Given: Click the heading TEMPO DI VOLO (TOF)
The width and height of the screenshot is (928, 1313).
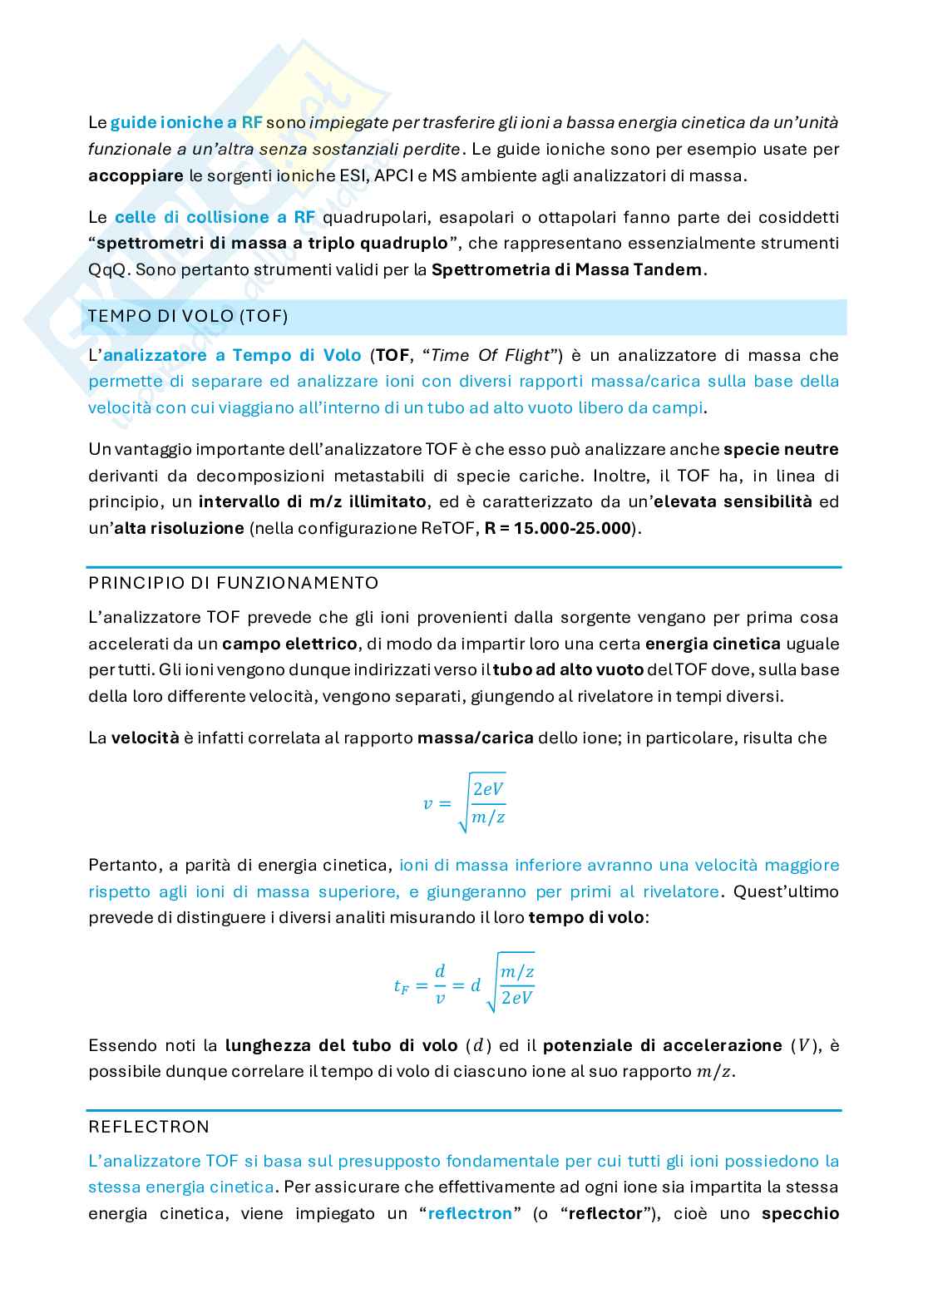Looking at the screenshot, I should [x=188, y=317].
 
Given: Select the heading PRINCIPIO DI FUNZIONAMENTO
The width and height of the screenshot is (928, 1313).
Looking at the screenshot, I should [x=234, y=583].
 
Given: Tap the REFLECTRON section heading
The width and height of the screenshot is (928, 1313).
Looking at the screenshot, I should [x=149, y=1127].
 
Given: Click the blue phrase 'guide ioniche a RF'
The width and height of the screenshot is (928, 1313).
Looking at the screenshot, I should [x=187, y=123].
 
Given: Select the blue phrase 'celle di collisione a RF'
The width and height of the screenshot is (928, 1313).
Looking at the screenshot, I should [x=215, y=218].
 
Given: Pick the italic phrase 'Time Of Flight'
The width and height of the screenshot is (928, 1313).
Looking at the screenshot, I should [x=491, y=356].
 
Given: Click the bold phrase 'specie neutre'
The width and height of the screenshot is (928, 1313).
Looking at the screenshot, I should [x=781, y=450].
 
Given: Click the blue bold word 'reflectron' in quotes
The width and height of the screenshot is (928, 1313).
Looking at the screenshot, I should [x=470, y=1213].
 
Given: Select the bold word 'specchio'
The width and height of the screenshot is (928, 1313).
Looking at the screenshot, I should [x=800, y=1213].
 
